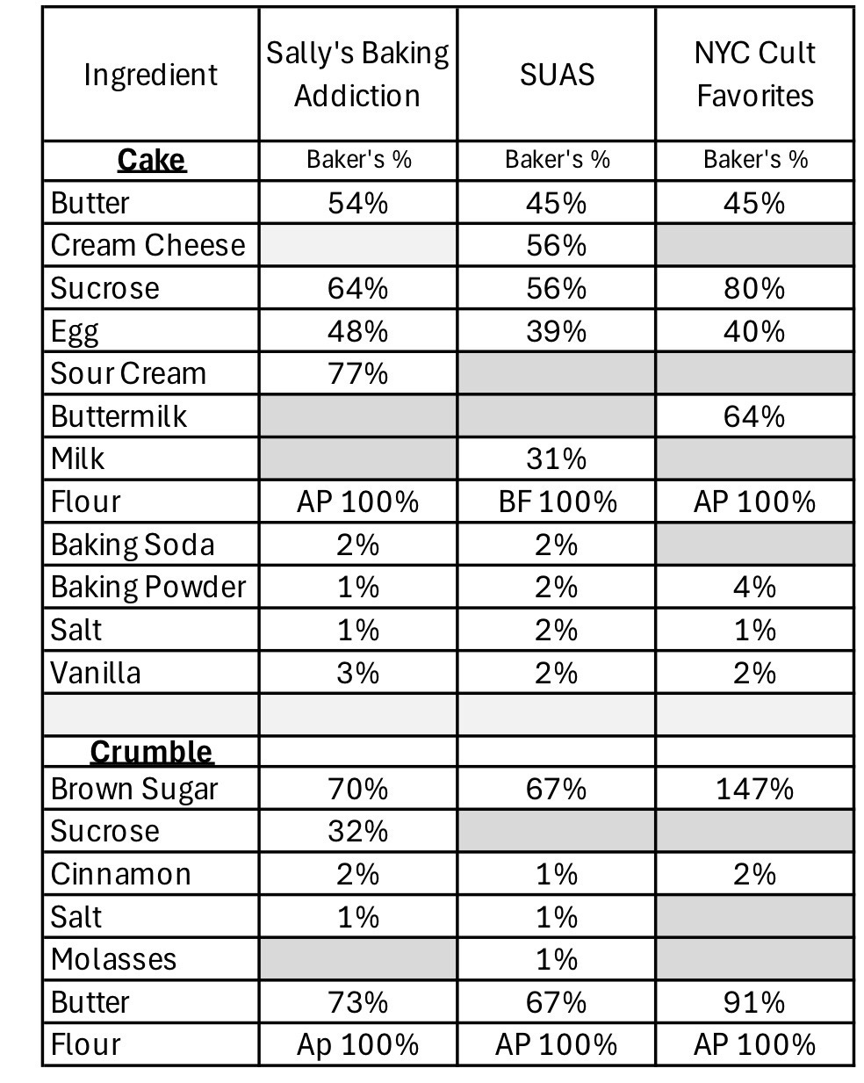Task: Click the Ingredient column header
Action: [150, 75]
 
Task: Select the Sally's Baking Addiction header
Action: [357, 74]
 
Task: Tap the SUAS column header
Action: [557, 75]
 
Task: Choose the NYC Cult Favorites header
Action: [755, 74]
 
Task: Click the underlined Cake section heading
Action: [151, 160]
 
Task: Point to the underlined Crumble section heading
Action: [151, 752]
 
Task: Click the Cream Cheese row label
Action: [148, 245]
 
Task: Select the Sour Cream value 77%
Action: [357, 373]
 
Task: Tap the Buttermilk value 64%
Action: [754, 415]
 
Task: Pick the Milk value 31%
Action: [556, 458]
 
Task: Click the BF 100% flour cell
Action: [557, 502]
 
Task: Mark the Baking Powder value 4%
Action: [754, 587]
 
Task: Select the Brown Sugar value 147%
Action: [754, 789]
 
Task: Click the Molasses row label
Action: [114, 959]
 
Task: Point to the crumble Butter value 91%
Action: [754, 1002]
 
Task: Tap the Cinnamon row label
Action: [120, 874]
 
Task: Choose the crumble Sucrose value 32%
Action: [357, 831]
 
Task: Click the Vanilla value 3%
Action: [357, 673]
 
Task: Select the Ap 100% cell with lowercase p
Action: [357, 1044]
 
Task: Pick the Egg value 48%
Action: [357, 331]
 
